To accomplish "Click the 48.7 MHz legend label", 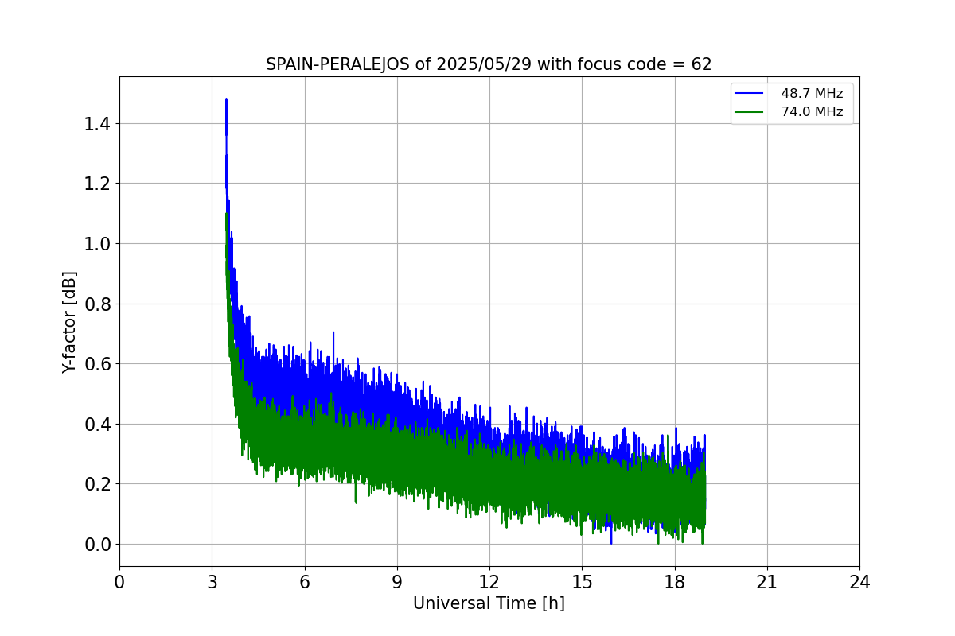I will pyautogui.click(x=812, y=94).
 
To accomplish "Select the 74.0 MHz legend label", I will pyautogui.click(x=812, y=112).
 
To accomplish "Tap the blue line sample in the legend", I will pyautogui.click(x=747, y=94).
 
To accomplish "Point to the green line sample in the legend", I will pyautogui.click(x=747, y=112).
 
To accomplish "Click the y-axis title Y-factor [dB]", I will pyautogui.click(x=70, y=322).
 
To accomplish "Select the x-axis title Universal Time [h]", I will pyautogui.click(x=489, y=603).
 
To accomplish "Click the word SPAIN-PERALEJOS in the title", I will pyautogui.click(x=338, y=64).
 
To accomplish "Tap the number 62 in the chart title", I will pyautogui.click(x=701, y=64).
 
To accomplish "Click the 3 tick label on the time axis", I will pyautogui.click(x=212, y=582).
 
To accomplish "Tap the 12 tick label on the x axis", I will pyautogui.click(x=489, y=582).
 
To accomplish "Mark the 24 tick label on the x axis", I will pyautogui.click(x=859, y=582).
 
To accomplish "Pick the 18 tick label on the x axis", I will pyautogui.click(x=674, y=582).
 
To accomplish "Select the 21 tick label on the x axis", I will pyautogui.click(x=767, y=582).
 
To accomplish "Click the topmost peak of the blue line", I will pyautogui.click(x=226, y=99).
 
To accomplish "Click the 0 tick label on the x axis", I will pyautogui.click(x=119, y=582).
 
